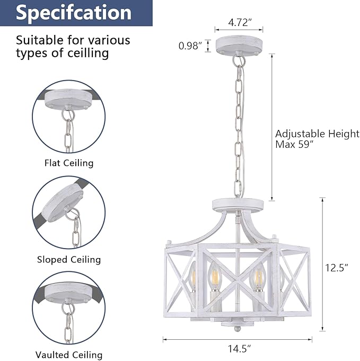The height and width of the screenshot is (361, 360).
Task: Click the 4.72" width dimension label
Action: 239,22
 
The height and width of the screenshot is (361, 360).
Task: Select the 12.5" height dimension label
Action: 336,268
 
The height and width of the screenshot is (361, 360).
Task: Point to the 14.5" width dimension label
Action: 239,349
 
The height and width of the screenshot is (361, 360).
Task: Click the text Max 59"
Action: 295,145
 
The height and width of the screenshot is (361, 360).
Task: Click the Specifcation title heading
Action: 74,13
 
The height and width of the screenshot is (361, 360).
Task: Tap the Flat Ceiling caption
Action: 69,163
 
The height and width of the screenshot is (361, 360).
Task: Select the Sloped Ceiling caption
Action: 69,259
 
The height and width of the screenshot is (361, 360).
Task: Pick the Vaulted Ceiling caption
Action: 69,355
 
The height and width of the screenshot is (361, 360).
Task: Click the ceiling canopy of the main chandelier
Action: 239,45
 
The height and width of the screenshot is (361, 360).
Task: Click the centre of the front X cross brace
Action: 236,282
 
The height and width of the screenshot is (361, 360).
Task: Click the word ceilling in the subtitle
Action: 88,54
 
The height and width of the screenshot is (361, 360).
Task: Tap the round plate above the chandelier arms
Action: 238,205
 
